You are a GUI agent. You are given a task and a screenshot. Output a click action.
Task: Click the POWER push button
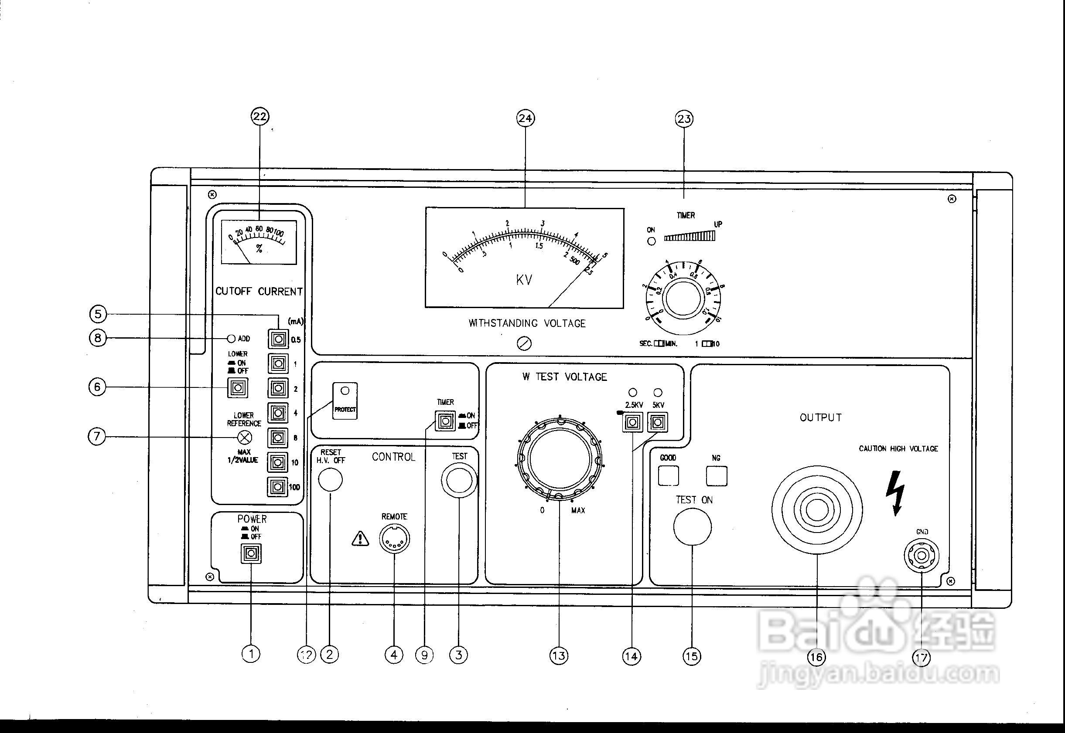pos(251,553)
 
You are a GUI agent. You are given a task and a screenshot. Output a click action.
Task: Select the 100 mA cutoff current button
pos(278,487)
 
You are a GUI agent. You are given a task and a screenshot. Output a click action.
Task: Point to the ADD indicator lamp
pos(232,339)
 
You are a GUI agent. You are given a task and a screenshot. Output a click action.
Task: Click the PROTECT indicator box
pos(345,401)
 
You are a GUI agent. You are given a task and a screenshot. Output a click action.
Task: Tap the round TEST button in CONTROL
pos(459,480)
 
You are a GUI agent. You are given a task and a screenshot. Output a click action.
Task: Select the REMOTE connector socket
pos(394,538)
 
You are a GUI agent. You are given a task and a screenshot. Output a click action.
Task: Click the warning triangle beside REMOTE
pos(360,539)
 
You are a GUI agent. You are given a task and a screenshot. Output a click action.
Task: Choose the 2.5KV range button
pos(632,421)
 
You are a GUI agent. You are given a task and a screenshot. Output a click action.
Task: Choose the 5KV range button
pos(658,421)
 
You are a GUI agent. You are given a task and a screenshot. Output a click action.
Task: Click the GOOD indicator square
pos(668,476)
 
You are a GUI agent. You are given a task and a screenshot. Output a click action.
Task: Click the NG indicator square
pos(717,476)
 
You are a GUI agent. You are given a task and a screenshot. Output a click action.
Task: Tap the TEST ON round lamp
pos(692,527)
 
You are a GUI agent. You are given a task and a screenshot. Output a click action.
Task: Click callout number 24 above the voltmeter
pos(526,119)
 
